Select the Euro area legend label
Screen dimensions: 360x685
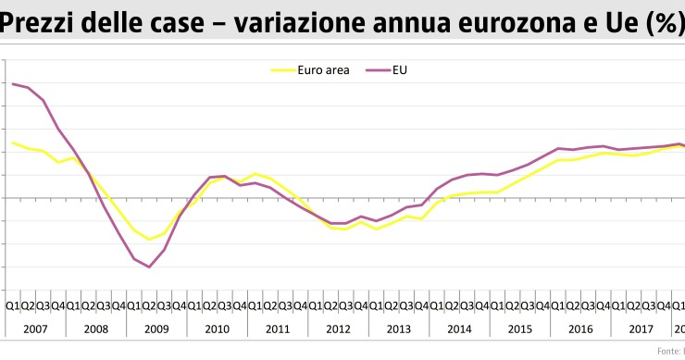click(323, 69)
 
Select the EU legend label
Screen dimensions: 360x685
click(400, 69)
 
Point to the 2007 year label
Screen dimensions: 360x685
click(35, 329)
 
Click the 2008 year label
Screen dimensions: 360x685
click(95, 329)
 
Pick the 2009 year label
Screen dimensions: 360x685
click(156, 329)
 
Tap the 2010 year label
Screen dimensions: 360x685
click(217, 329)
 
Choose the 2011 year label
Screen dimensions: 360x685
click(277, 329)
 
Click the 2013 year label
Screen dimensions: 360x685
click(398, 329)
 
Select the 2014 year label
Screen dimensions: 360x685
click(458, 329)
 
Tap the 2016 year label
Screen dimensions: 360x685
click(579, 329)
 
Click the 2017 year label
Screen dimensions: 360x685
click(640, 329)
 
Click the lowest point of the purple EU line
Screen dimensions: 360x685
click(149, 267)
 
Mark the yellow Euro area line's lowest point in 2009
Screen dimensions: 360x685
click(149, 240)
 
